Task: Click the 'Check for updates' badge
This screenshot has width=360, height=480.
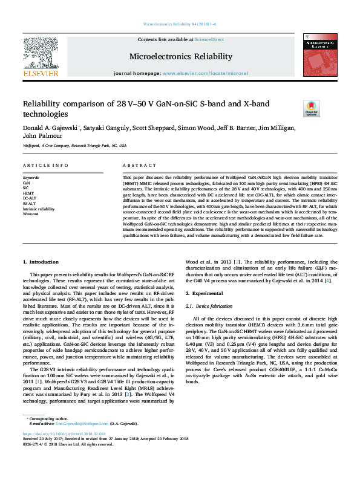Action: click(x=312, y=109)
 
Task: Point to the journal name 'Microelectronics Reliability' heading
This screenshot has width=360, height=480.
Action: click(x=180, y=56)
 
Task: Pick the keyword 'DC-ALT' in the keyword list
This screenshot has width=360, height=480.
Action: click(x=30, y=198)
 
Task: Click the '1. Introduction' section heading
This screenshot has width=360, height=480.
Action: click(x=41, y=262)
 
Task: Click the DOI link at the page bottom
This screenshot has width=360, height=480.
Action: click(x=64, y=450)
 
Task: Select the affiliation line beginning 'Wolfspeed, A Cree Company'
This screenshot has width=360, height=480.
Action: click(x=74, y=146)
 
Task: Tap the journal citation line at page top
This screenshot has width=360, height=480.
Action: click(x=180, y=24)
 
